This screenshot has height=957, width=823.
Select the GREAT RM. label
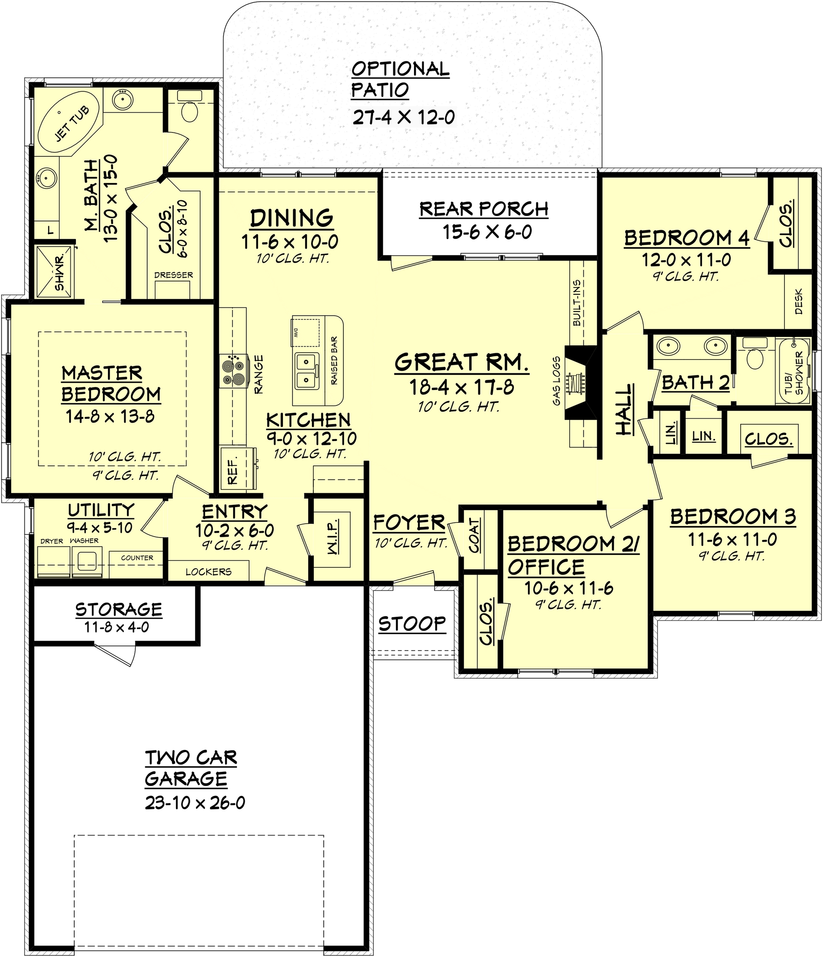click(x=461, y=362)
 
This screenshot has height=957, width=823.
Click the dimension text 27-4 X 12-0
click(x=403, y=118)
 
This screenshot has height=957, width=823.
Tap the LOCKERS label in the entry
click(x=208, y=572)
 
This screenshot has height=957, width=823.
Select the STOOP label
click(x=412, y=624)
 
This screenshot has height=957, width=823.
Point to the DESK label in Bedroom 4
click(x=799, y=302)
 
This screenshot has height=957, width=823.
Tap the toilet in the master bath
click(x=189, y=111)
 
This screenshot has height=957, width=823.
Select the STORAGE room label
click(x=119, y=610)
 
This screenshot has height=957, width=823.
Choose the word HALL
click(x=624, y=410)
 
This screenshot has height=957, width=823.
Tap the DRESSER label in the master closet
click(x=174, y=275)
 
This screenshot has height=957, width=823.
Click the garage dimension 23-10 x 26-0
click(x=195, y=803)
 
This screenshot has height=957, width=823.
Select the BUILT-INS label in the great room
click(x=577, y=303)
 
